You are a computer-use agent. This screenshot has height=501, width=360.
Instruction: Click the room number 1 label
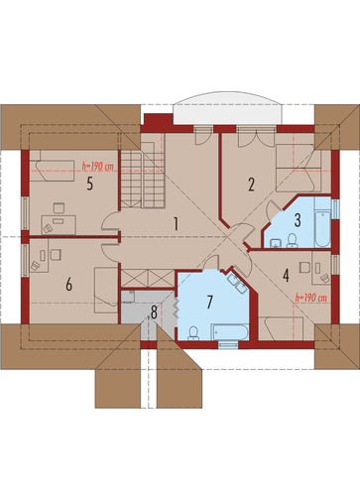(x=177, y=224)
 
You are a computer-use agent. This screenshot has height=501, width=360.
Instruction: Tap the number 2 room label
(x=251, y=185)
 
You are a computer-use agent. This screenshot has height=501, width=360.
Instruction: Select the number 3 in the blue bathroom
(x=298, y=220)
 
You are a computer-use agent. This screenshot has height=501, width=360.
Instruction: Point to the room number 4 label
(x=286, y=275)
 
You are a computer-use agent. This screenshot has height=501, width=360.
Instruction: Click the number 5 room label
(x=89, y=184)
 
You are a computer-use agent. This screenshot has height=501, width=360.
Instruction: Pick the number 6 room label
(x=68, y=284)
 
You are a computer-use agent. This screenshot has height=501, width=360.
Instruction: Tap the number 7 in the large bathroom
(x=209, y=302)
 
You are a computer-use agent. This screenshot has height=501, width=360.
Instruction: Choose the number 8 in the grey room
(x=154, y=313)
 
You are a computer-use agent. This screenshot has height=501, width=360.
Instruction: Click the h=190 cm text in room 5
(x=97, y=167)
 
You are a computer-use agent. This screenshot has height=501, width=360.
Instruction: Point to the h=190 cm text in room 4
(x=310, y=298)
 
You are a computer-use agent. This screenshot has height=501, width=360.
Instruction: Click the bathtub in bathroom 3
(x=322, y=222)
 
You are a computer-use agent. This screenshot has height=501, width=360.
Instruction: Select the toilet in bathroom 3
(x=292, y=241)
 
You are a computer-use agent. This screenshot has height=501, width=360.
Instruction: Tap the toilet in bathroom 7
(x=193, y=333)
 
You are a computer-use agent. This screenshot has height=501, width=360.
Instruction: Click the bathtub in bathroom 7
(x=230, y=332)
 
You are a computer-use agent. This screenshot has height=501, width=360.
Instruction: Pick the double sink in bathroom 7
(x=238, y=284)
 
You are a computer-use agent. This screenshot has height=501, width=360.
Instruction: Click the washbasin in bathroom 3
(x=276, y=243)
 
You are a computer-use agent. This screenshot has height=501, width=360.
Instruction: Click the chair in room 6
(x=56, y=255)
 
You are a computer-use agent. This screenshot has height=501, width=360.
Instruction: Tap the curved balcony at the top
(x=228, y=109)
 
